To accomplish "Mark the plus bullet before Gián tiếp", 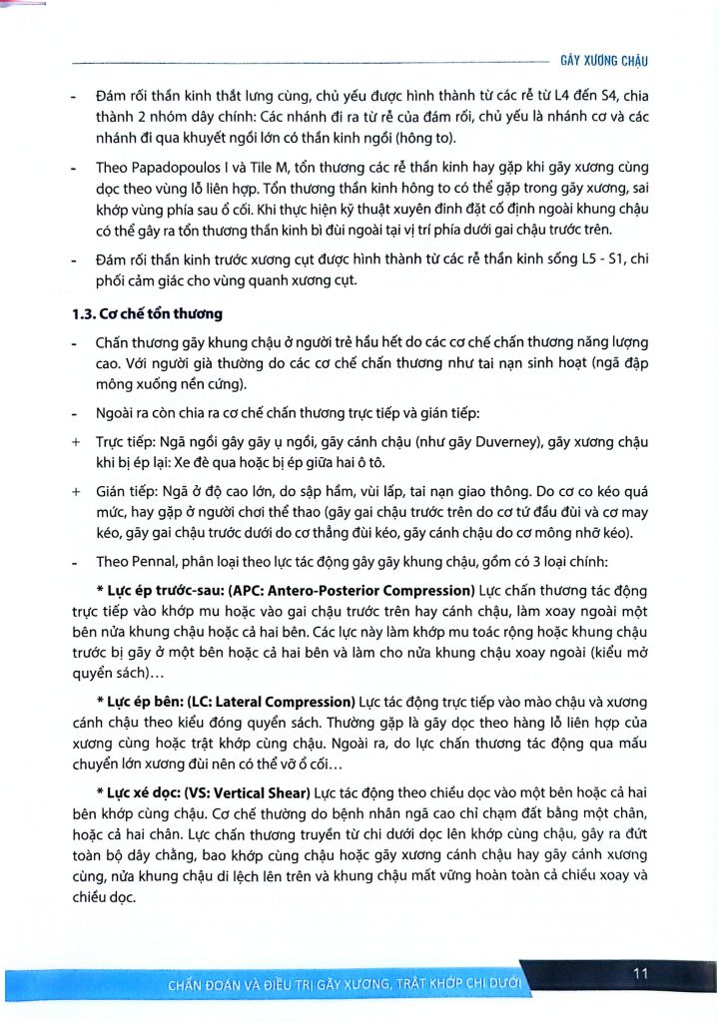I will click(x=76, y=491).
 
